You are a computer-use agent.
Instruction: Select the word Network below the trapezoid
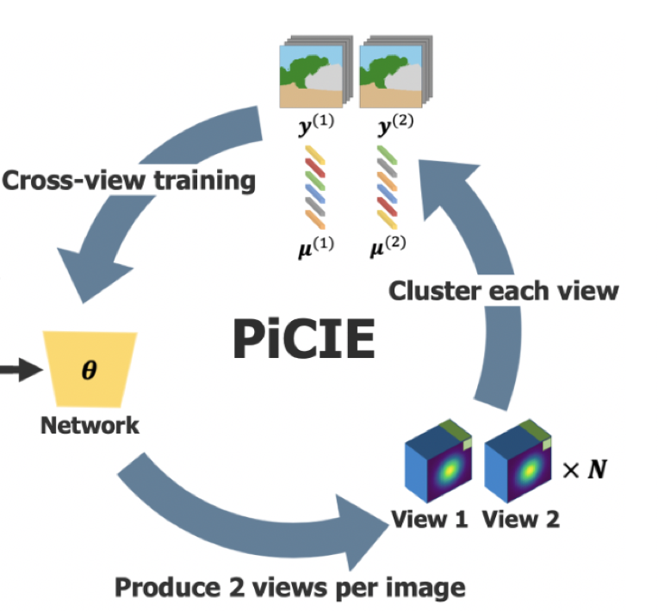tap(90, 425)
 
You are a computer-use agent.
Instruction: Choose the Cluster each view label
tap(503, 291)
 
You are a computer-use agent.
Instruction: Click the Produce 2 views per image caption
tap(290, 588)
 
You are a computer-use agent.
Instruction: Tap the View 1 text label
tap(430, 520)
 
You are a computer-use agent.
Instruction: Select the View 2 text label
tap(520, 520)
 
